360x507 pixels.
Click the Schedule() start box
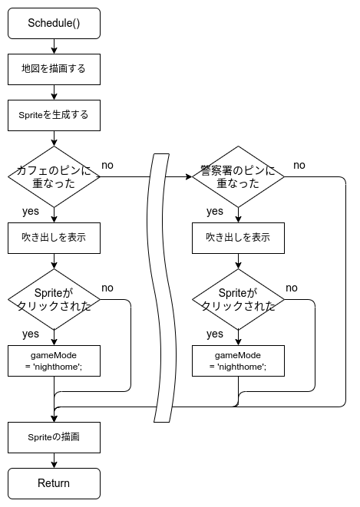(54, 23)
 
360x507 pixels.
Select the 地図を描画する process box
(54, 69)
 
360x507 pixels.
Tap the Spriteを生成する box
(54, 115)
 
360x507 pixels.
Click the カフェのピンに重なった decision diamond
(54, 176)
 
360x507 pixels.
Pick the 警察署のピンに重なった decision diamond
(239, 176)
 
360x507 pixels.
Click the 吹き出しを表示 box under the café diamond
(54, 238)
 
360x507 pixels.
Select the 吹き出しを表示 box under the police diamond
(239, 238)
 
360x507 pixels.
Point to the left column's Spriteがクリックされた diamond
(54, 299)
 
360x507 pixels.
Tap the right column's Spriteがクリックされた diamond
(239, 299)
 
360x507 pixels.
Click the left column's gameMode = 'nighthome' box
(54, 360)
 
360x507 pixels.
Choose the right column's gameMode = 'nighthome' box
(239, 360)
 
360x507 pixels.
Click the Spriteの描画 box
(54, 437)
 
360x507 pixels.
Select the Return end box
(54, 483)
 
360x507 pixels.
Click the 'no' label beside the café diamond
(107, 165)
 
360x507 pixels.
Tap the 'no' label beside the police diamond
(299, 165)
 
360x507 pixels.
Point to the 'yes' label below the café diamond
(31, 211)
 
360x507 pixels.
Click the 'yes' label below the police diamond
(215, 211)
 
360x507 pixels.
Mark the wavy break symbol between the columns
(162, 288)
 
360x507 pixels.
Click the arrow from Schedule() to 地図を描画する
(54, 46)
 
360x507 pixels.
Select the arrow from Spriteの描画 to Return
(54, 460)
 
